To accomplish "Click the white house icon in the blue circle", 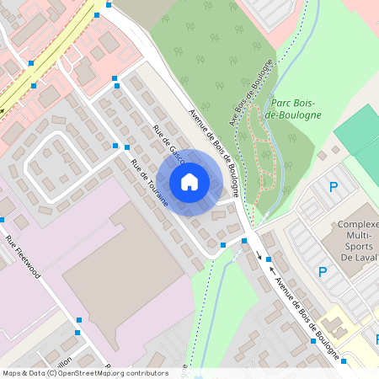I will point(189,182).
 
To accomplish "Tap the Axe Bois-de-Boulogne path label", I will point(251,93).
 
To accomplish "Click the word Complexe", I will point(358,226).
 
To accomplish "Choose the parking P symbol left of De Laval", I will point(322,271).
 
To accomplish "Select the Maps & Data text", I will point(24,373).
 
